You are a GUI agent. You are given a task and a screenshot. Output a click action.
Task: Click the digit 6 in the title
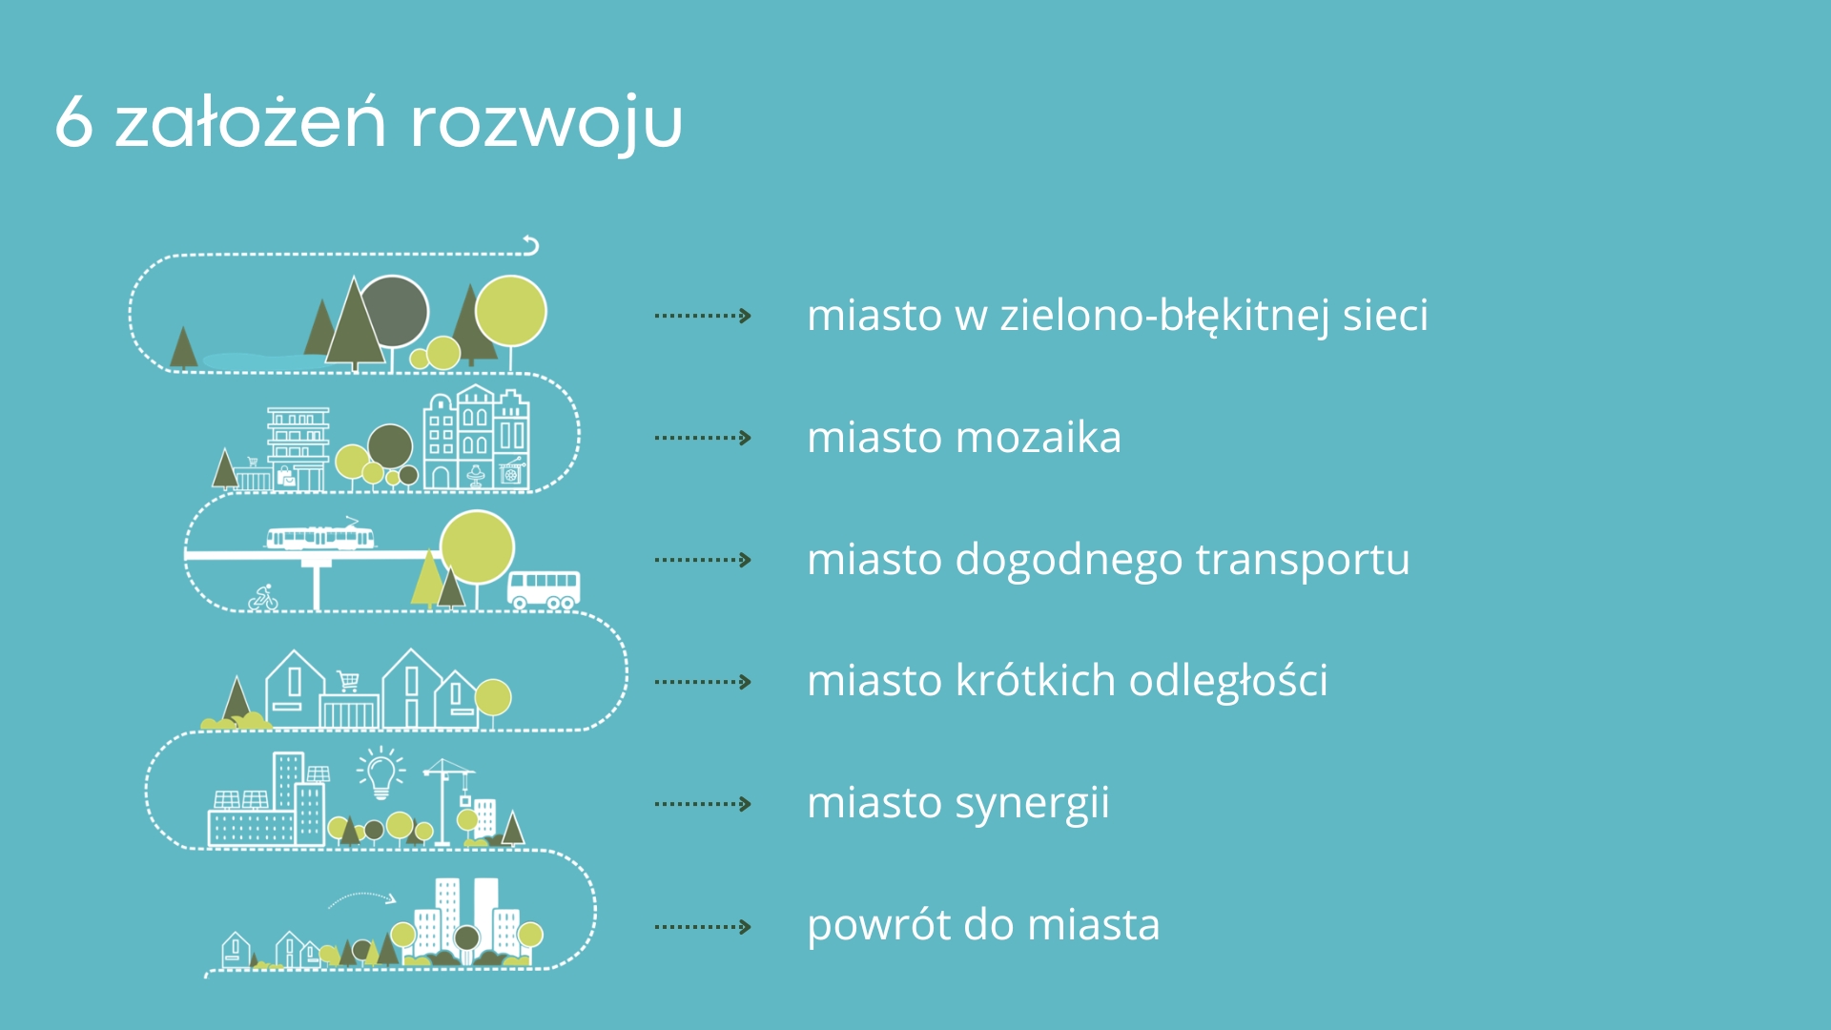(x=74, y=122)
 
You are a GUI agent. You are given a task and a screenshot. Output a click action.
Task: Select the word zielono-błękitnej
(x=1165, y=316)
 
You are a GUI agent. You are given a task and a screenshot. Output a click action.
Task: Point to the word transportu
(x=1302, y=560)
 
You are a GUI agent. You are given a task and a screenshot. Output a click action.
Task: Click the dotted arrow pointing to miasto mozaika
(x=703, y=438)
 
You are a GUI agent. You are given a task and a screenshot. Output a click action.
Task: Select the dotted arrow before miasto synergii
(x=703, y=804)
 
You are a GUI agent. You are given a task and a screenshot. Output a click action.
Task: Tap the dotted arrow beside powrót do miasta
(x=703, y=926)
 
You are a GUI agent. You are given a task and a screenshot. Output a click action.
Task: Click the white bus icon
(x=544, y=589)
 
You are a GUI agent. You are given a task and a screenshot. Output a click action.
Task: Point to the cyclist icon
(x=263, y=598)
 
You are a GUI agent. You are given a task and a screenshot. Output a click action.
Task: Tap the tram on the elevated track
(x=320, y=536)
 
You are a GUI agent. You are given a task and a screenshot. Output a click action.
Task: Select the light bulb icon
(x=381, y=773)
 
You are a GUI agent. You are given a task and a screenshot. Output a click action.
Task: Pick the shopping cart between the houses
(x=348, y=681)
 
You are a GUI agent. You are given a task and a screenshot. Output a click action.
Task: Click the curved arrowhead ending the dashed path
(x=531, y=245)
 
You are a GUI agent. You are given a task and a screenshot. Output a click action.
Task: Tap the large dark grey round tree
(x=393, y=312)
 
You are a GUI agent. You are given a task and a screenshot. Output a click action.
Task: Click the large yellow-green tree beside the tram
(x=477, y=547)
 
